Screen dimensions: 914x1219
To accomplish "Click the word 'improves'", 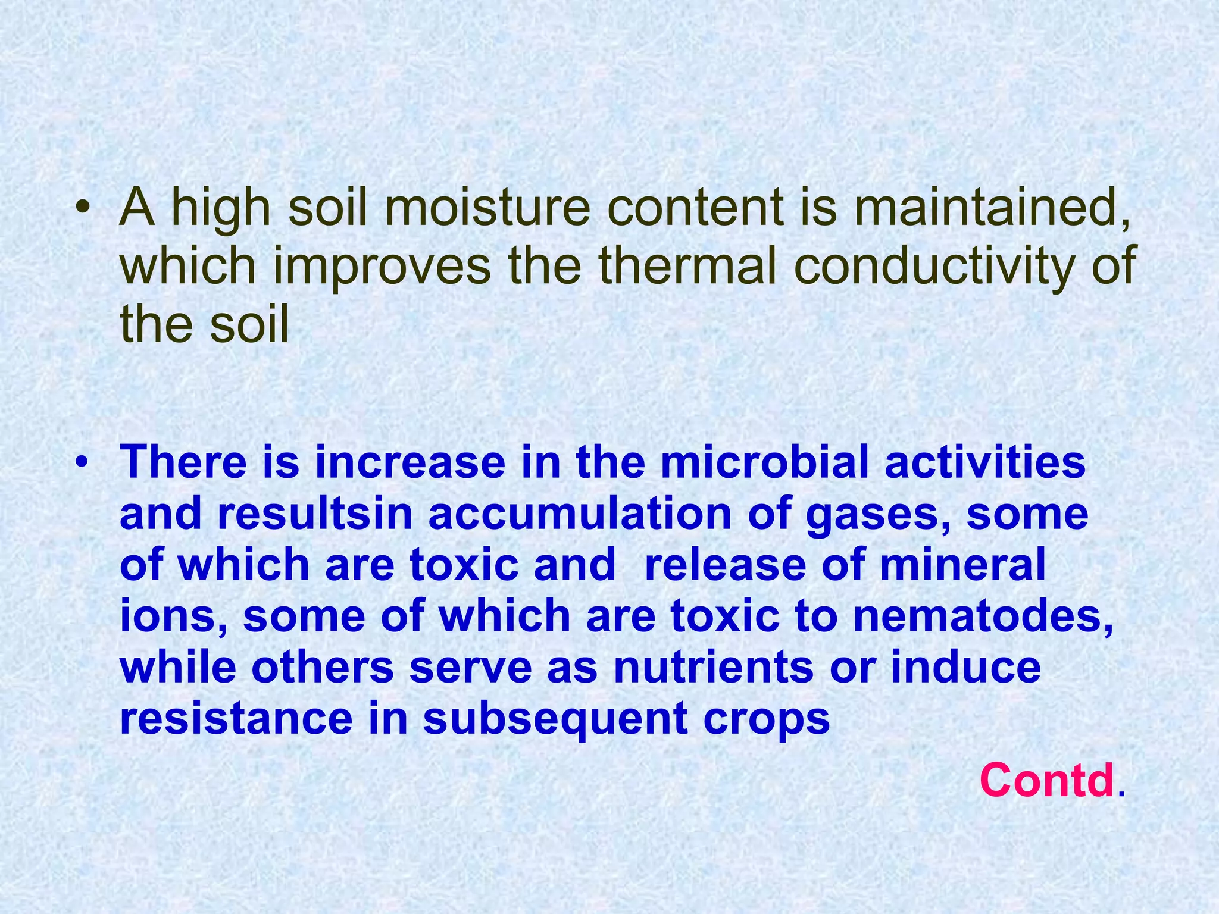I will tap(382, 266).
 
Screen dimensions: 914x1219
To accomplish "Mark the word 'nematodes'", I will tap(982, 616).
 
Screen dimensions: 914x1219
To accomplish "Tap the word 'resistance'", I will tap(236, 718).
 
